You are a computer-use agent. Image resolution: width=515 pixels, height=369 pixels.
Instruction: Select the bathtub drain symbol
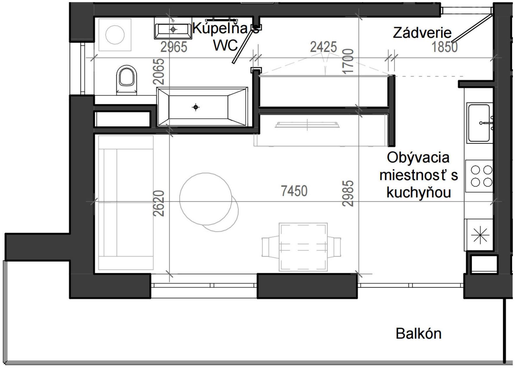click(x=196, y=107)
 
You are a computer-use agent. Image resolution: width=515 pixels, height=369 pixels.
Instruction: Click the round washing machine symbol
click(x=115, y=34)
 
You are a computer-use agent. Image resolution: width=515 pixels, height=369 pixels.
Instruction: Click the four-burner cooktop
click(x=479, y=176)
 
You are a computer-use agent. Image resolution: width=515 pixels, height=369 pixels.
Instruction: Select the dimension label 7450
click(x=294, y=191)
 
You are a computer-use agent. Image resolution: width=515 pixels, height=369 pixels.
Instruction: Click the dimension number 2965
click(x=174, y=47)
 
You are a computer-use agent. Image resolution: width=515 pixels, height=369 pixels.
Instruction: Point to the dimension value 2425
click(x=323, y=47)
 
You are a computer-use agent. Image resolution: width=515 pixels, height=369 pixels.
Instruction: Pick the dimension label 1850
click(x=444, y=47)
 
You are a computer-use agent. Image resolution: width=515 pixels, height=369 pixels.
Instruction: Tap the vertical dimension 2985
click(x=348, y=193)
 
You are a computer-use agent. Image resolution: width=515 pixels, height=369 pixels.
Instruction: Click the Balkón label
click(x=418, y=334)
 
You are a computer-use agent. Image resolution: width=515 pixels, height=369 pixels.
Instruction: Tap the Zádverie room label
click(x=422, y=33)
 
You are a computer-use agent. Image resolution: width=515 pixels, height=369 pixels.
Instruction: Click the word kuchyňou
click(x=418, y=193)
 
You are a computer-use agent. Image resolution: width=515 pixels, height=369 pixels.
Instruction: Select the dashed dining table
click(x=303, y=247)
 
